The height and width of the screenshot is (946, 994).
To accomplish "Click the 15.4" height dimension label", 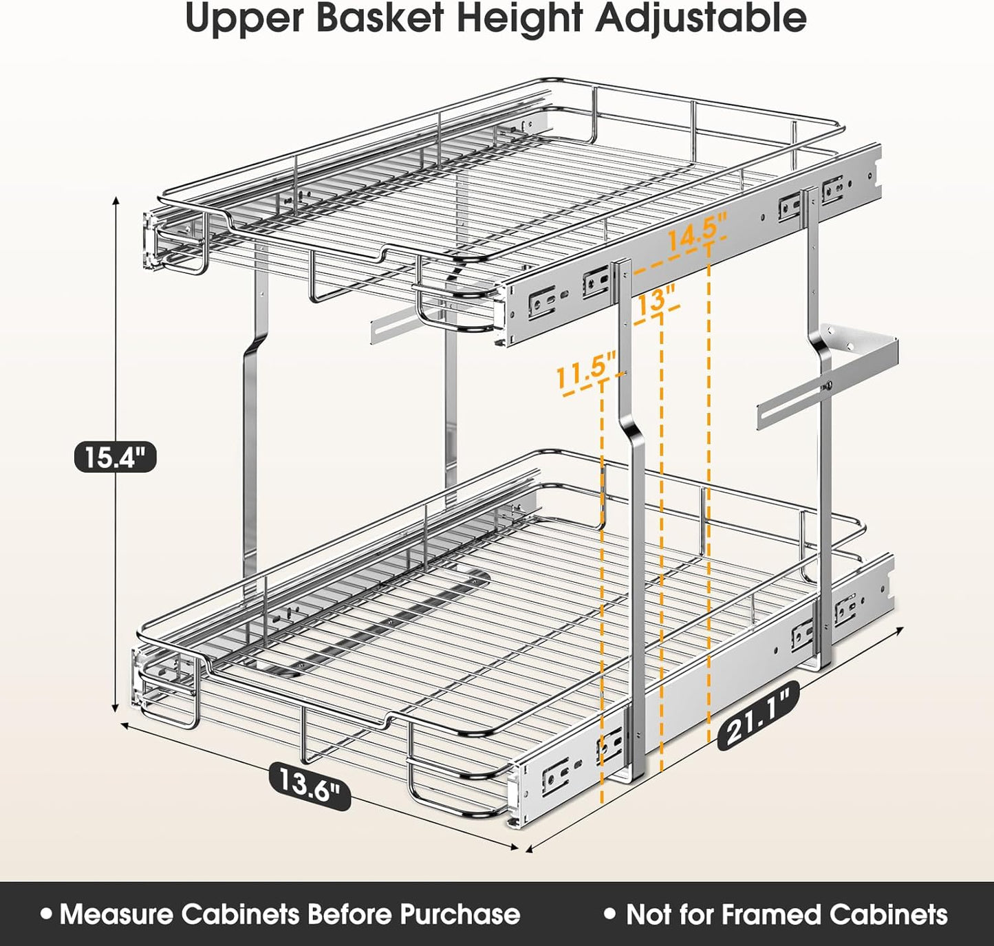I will (115, 456).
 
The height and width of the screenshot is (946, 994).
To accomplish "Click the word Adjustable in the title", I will (701, 19).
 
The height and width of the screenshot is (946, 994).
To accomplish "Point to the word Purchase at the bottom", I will (460, 914).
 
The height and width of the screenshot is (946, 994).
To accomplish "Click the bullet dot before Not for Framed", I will (609, 914).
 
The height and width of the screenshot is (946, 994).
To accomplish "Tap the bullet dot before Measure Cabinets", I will (46, 914).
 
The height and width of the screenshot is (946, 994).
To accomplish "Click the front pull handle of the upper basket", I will (454, 313).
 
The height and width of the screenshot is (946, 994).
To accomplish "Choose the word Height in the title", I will (519, 19).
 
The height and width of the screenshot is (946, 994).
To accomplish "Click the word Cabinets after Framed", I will (888, 914).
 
